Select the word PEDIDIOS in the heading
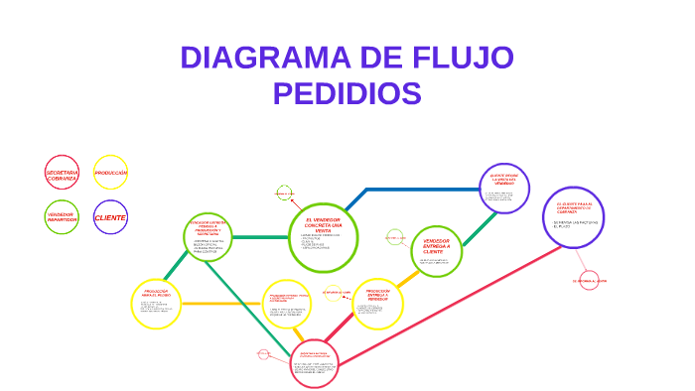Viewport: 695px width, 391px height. click(347, 94)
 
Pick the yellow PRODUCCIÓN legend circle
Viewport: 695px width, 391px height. click(110, 173)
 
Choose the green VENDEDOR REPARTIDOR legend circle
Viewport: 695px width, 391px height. click(62, 216)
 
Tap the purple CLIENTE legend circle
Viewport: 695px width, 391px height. click(110, 216)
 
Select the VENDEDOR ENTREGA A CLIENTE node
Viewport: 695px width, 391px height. click(437, 248)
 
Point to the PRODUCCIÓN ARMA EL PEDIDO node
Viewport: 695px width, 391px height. click(156, 304)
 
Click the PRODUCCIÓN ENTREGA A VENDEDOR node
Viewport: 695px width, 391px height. click(377, 303)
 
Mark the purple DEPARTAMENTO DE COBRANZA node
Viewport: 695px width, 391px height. click(574, 216)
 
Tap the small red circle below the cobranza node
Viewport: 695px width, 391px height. click(589, 281)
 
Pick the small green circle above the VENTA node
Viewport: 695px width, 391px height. click(285, 193)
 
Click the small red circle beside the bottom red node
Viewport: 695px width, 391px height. click(263, 354)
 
